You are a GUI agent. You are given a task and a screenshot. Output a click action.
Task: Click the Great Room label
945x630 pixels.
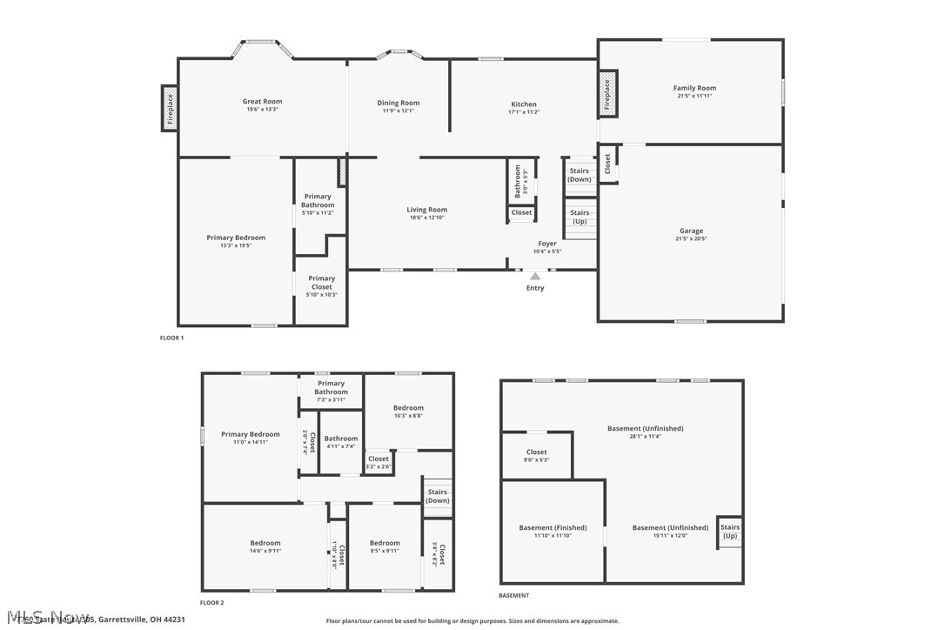click(262, 102)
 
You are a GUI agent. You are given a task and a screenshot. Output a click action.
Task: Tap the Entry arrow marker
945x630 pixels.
click(535, 277)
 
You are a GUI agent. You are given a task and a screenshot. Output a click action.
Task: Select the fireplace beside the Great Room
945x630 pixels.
click(170, 108)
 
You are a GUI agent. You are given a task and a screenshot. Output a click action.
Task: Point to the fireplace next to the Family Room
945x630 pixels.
click(607, 94)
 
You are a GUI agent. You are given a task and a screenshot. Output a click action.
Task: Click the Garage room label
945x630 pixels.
click(692, 231)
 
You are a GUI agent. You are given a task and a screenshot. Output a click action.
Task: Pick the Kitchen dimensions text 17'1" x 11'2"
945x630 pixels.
click(524, 112)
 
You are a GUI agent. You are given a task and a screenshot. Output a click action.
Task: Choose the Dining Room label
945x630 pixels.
click(399, 104)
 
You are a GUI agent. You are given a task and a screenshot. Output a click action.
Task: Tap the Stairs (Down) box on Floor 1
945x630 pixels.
click(580, 175)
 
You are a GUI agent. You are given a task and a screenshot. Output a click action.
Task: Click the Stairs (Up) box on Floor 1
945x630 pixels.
click(580, 217)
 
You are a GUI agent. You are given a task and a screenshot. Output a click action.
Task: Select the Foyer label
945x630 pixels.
click(547, 244)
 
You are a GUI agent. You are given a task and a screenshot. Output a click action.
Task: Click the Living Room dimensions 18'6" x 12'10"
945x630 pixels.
click(427, 218)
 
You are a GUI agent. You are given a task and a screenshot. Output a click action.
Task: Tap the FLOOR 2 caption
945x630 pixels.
click(211, 602)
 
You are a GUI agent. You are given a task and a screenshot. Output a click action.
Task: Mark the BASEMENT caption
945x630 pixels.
click(513, 595)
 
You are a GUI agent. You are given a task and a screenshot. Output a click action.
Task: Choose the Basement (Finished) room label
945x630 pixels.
click(553, 528)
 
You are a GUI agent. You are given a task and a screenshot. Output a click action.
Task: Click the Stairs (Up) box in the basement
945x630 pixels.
click(730, 531)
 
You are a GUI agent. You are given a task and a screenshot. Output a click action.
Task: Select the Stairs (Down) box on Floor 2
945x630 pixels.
click(438, 496)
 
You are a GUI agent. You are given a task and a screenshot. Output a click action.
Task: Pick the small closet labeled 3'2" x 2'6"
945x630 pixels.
click(379, 461)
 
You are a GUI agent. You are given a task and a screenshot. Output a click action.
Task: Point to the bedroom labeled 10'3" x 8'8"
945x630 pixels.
click(408, 408)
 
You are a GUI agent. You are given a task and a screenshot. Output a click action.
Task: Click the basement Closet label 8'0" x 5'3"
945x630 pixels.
click(537, 452)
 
